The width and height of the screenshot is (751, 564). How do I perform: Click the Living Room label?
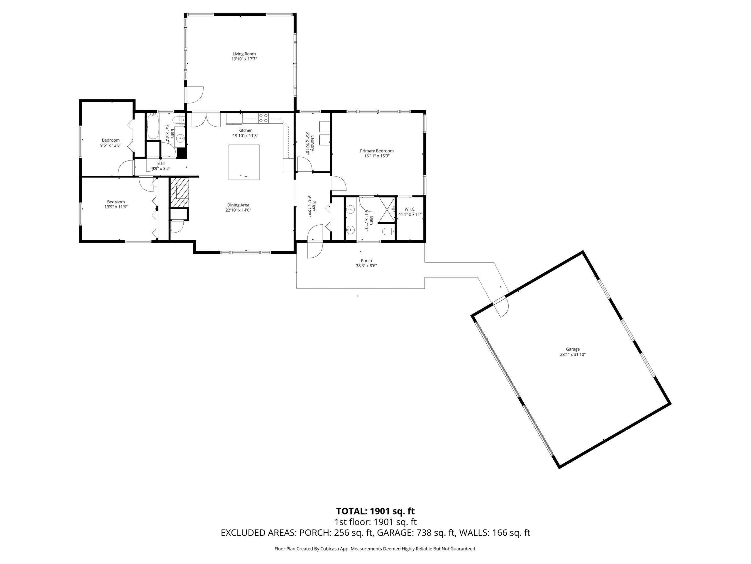(244, 54)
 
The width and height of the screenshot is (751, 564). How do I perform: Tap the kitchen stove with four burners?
(263, 118)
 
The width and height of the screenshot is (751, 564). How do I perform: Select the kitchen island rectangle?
(244, 162)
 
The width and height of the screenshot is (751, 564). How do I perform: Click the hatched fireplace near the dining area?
(179, 192)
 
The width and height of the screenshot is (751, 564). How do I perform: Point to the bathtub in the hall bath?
(153, 126)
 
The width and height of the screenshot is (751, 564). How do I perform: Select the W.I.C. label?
(410, 209)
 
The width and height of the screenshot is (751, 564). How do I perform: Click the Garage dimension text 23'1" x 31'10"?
(573, 354)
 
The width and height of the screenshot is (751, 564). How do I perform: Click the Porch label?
(366, 261)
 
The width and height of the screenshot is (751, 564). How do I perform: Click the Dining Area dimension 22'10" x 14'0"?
(238, 210)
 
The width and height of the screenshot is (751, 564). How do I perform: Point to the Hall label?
(161, 163)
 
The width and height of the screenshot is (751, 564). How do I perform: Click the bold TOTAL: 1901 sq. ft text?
(375, 511)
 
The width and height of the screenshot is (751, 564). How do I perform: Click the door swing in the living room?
(194, 95)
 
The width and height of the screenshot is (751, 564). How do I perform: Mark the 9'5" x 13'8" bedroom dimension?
(111, 145)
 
